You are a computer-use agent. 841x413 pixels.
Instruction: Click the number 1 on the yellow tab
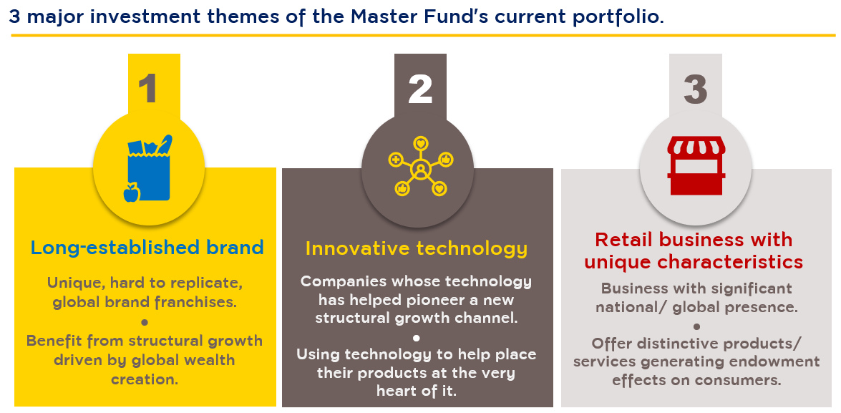click(147, 89)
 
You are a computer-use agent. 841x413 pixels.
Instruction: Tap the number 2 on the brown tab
click(420, 89)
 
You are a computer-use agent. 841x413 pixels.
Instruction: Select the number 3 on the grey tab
click(696, 89)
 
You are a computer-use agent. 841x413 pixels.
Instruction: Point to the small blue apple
click(132, 193)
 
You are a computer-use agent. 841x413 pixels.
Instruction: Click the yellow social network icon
click(421, 166)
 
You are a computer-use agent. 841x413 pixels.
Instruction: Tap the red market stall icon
click(696, 165)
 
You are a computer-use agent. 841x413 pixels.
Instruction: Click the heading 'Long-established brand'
click(147, 247)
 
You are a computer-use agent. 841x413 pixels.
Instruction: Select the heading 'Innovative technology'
click(417, 248)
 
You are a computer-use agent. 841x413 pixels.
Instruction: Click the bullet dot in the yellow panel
click(145, 322)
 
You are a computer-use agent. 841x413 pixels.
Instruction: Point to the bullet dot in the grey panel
click(696, 326)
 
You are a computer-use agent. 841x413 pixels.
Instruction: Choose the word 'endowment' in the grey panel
click(779, 361)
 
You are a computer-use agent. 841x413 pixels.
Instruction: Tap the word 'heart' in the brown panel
click(399, 391)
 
